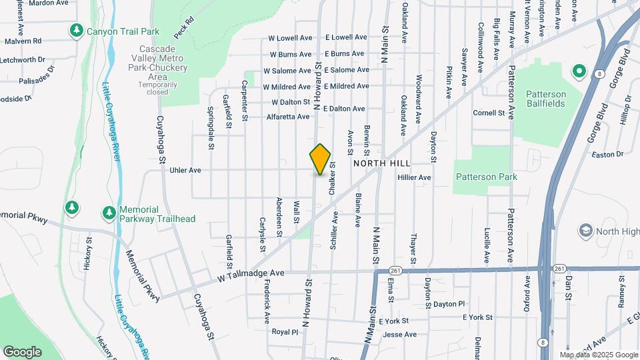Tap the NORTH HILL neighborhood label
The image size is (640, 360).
381,163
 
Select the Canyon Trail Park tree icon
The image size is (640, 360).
77,31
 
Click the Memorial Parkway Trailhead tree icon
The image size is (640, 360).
109,213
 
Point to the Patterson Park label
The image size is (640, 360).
486,177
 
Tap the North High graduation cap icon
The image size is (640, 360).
586,231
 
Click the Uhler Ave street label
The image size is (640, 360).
185,170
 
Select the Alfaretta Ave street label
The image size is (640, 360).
288,116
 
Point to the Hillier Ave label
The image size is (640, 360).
414,177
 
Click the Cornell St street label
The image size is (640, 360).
490,113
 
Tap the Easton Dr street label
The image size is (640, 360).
607,154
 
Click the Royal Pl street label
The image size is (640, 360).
285,331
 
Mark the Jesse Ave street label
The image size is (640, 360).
400,334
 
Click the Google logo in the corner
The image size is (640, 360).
22,352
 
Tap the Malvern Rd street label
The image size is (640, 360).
23,41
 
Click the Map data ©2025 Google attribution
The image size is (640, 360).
598,355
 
